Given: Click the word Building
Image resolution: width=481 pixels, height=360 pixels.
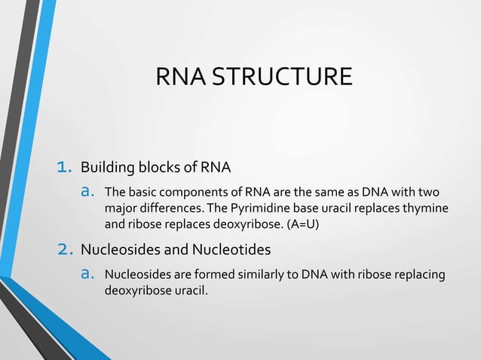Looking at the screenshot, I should [105, 166].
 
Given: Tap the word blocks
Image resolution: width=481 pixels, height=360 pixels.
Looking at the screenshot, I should [153, 166].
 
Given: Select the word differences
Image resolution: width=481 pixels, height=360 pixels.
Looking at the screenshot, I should [170, 208].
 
